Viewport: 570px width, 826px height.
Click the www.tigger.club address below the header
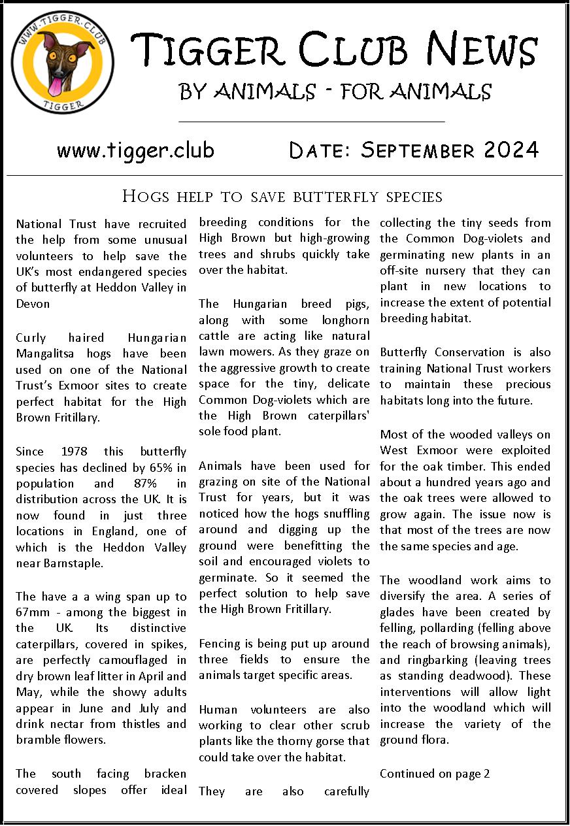135,150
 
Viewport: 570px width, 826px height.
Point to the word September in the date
418,150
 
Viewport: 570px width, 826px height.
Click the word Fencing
220,644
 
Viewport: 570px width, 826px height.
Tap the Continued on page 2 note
435,774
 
